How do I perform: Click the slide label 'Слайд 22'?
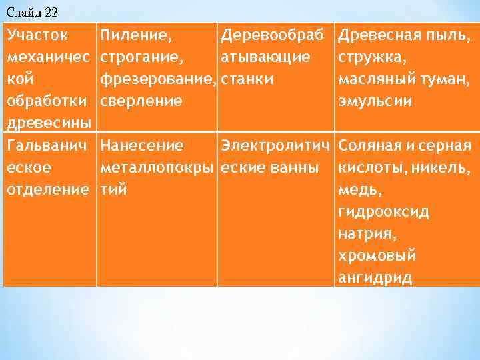(31, 11)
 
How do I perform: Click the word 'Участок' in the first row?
(37, 35)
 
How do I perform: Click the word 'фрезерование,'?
(158, 79)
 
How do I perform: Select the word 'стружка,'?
(373, 57)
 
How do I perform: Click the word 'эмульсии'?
(375, 101)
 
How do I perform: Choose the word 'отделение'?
(47, 190)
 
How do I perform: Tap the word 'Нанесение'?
(142, 145)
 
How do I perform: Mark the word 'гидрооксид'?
(384, 212)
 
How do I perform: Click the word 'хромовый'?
(377, 256)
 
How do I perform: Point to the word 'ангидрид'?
(375, 279)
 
